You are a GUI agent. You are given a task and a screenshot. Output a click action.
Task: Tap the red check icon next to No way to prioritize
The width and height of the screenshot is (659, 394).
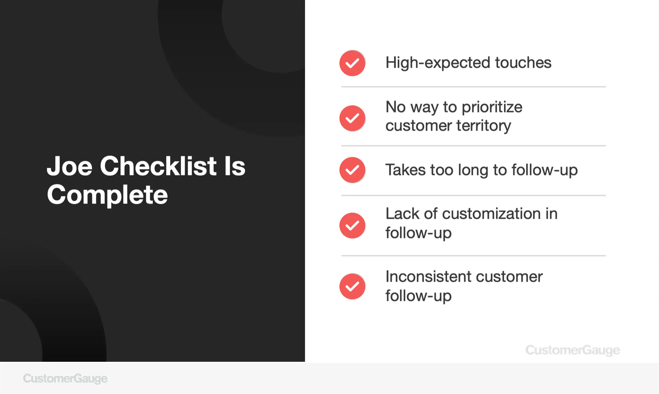coord(352,118)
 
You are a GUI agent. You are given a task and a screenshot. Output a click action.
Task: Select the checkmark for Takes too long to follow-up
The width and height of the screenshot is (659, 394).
coord(352,170)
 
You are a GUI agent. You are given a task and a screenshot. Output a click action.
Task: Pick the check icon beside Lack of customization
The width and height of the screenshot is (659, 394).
coord(352,225)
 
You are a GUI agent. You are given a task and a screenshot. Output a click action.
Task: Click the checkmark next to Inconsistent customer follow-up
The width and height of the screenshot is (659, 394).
coord(352,287)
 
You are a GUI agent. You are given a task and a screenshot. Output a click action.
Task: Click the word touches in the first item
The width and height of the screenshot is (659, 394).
coord(523,63)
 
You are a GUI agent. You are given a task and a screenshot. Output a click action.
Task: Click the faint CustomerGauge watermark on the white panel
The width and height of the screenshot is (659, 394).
coord(573,350)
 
